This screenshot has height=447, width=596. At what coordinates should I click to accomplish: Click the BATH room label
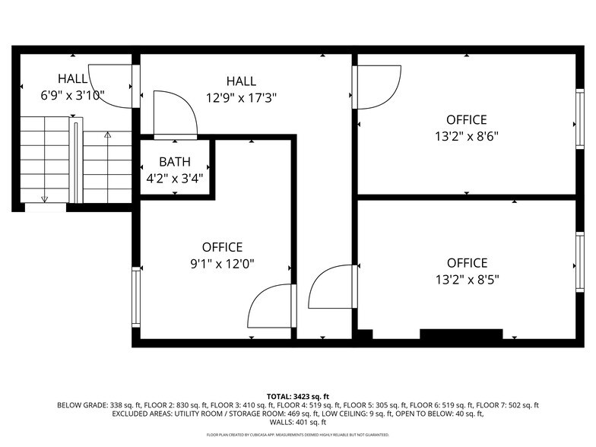pos(174,162)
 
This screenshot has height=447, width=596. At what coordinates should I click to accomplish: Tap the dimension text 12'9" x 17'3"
pos(240,98)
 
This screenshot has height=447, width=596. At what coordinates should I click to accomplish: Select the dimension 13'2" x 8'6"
pos(466,137)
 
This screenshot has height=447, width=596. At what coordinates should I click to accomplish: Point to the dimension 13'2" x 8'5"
pos(466,280)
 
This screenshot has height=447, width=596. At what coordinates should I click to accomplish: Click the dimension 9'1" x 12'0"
pos(222,264)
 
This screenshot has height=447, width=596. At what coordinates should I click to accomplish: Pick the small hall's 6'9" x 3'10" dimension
pos(72,96)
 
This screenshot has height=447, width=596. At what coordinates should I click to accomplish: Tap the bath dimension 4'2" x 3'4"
pos(174,179)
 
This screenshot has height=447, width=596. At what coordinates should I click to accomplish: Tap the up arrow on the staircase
pos(107,135)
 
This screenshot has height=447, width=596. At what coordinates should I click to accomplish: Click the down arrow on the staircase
pos(44,198)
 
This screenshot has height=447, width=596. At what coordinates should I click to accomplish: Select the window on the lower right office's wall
pos(579,262)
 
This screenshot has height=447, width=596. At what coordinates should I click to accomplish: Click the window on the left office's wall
pos(137,296)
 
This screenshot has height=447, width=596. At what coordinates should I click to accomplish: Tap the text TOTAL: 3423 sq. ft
pos(298,397)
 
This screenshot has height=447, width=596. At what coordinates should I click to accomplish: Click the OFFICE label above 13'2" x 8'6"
pos(466,120)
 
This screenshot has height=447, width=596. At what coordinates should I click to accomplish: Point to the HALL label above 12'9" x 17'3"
pos(241,81)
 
